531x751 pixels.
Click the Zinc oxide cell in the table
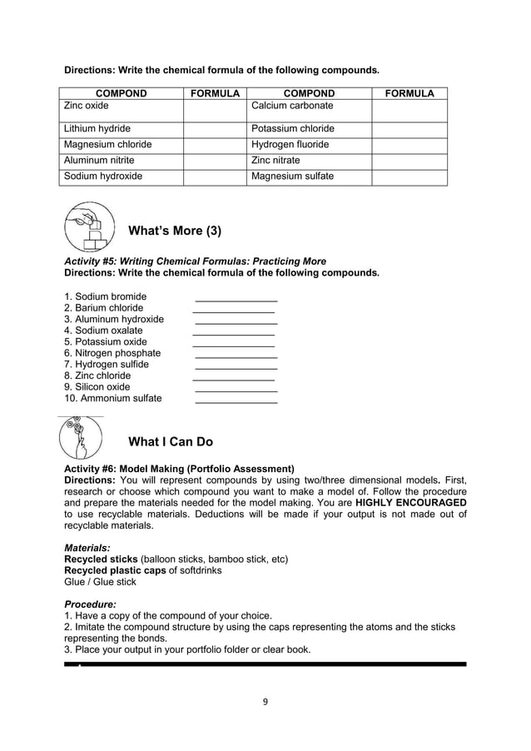point(87,107)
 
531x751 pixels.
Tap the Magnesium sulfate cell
point(292,177)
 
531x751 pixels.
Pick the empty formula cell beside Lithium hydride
point(215,129)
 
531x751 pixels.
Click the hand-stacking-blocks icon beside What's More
point(87,227)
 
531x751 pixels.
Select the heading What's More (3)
point(175,231)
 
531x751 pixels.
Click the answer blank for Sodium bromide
point(236,298)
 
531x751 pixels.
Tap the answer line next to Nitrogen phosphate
point(236,355)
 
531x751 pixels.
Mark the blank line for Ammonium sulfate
point(236,400)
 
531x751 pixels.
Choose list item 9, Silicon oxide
point(97,387)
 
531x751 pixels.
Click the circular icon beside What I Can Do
point(82,438)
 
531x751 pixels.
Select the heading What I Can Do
point(171,441)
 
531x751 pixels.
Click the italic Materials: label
point(87,548)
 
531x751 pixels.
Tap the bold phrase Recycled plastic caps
point(114,570)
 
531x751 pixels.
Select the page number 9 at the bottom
point(265,701)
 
